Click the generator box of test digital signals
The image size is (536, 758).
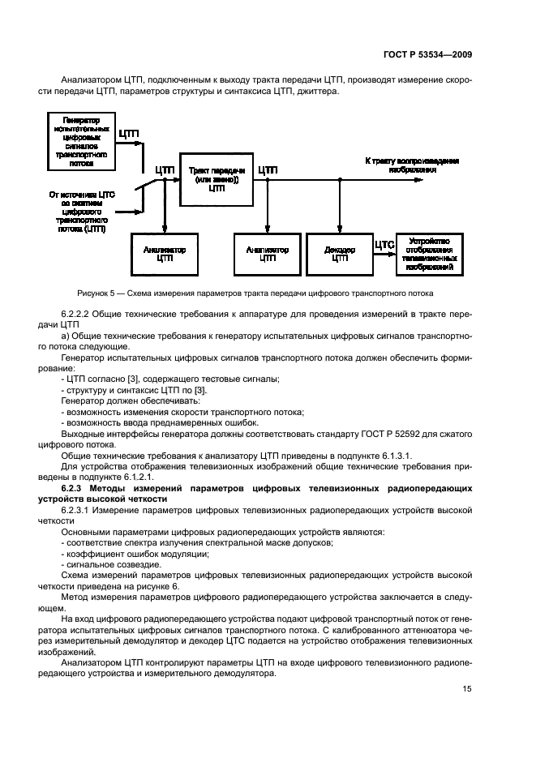pos(81,141)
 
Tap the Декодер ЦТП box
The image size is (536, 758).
pos(339,254)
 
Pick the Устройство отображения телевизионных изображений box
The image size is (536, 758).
pos(431,254)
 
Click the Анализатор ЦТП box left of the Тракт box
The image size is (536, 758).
pos(165,254)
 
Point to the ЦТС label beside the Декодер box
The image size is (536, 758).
pos(384,242)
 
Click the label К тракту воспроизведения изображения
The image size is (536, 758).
pos(411,165)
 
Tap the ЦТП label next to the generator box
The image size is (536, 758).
pos(130,133)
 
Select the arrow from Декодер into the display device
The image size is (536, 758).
pos(384,254)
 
